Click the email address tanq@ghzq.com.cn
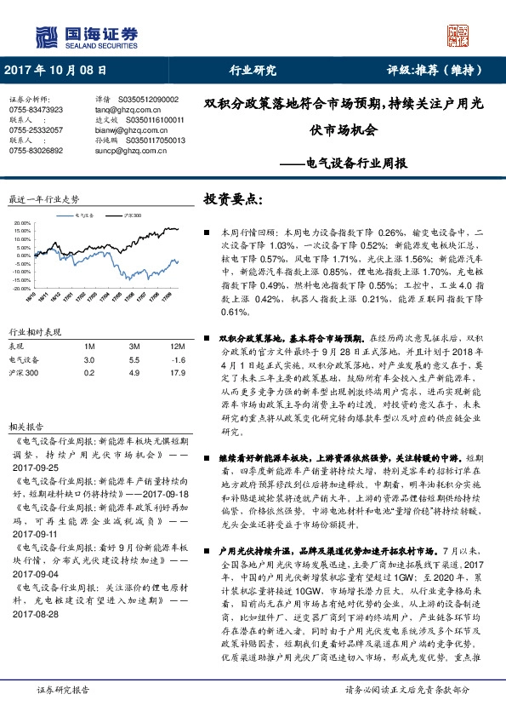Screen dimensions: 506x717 click(128, 110)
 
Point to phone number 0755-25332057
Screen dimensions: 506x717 click(36, 129)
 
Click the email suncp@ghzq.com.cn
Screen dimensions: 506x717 click(128, 150)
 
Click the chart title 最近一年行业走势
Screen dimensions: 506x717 click(43, 198)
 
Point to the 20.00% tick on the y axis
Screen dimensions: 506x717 click(23, 224)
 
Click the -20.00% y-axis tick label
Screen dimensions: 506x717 click(22, 265)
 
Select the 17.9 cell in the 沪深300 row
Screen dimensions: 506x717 click(177, 349)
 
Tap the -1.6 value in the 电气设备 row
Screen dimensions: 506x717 click(177, 336)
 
